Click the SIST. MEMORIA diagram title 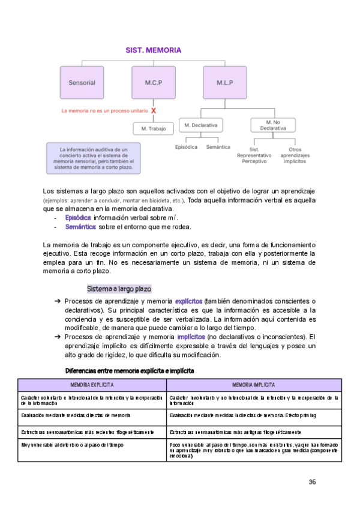[x=153, y=50]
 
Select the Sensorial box [x=82, y=82]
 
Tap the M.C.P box [x=153, y=82]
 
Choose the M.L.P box [x=226, y=82]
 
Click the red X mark [x=154, y=111]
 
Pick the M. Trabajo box [x=153, y=128]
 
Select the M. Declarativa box [x=201, y=125]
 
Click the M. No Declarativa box [x=273, y=125]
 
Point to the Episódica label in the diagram [x=186, y=147]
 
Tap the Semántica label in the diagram [x=217, y=147]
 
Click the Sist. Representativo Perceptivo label [x=254, y=155]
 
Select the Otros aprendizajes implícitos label [x=295, y=155]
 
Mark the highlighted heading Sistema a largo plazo [x=119, y=289]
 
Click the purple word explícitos [x=188, y=301]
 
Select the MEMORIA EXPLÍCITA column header [x=93, y=385]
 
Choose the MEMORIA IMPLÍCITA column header [x=254, y=385]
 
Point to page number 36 [x=312, y=482]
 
